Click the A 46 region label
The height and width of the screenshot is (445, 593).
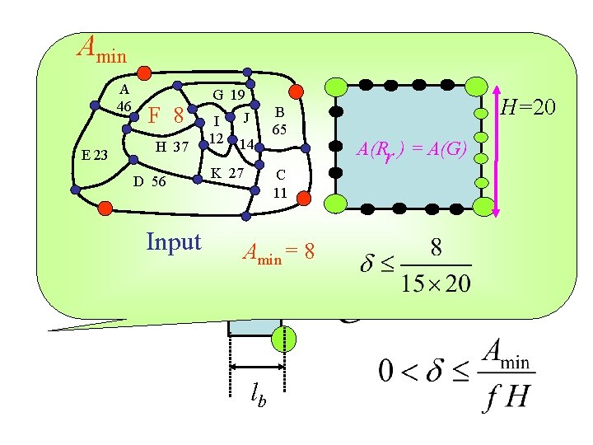click(124, 98)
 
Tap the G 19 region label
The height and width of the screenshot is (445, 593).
click(228, 95)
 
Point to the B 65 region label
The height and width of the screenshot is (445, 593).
click(279, 121)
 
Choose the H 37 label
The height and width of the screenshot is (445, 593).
click(172, 147)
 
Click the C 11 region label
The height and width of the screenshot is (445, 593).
click(280, 185)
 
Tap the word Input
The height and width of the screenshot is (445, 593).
click(173, 241)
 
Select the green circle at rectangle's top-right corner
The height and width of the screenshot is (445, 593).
click(476, 86)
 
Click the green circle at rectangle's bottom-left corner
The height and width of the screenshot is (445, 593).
click(337, 203)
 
